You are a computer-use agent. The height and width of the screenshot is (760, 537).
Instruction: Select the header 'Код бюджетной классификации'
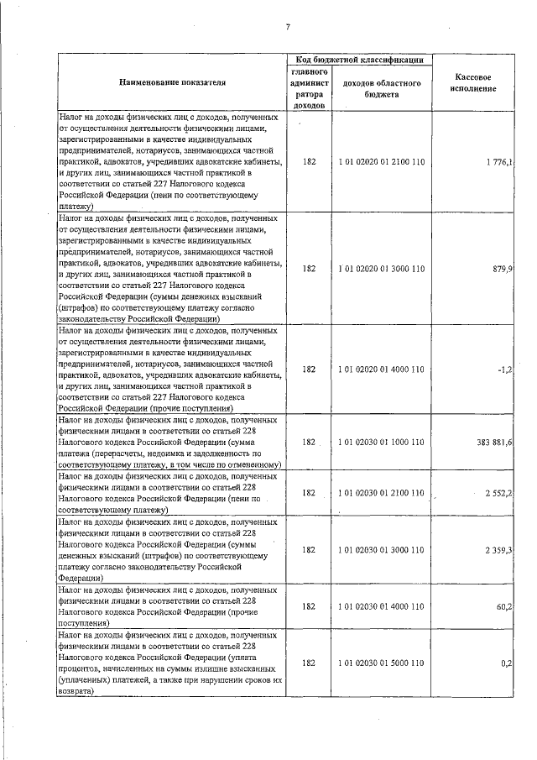tap(359, 60)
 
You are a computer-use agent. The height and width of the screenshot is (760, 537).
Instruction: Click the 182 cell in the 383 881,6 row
tap(309, 442)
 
